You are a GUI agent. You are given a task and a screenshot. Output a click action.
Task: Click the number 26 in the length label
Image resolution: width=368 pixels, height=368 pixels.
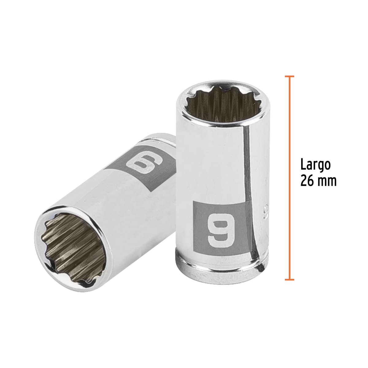click(307, 181)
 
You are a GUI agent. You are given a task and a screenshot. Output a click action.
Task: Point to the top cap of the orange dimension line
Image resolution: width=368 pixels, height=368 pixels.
click(289, 76)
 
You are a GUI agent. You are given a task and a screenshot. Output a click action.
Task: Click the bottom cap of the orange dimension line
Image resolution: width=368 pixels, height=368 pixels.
click(289, 279)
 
